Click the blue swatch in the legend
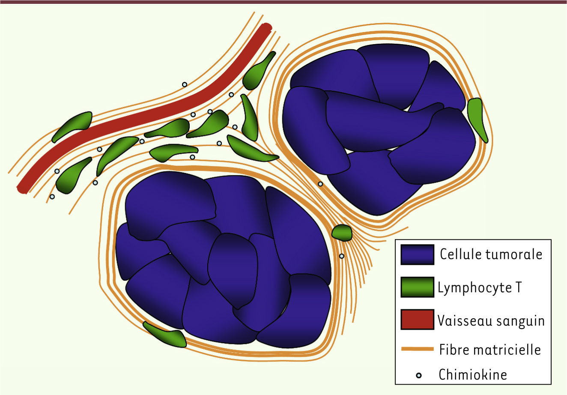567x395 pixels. click(417, 254)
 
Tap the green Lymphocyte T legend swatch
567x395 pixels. click(417, 287)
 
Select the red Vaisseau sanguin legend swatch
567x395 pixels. click(417, 319)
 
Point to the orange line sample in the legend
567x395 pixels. click(418, 349)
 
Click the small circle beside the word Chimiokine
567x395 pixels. click(419, 375)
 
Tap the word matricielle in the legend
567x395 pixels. click(507, 350)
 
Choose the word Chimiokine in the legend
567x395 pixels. click(473, 374)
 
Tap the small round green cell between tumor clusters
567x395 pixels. click(342, 233)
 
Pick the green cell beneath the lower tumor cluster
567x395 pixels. click(165, 334)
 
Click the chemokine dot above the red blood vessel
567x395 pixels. click(185, 84)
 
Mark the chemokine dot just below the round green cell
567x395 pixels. click(342, 256)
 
